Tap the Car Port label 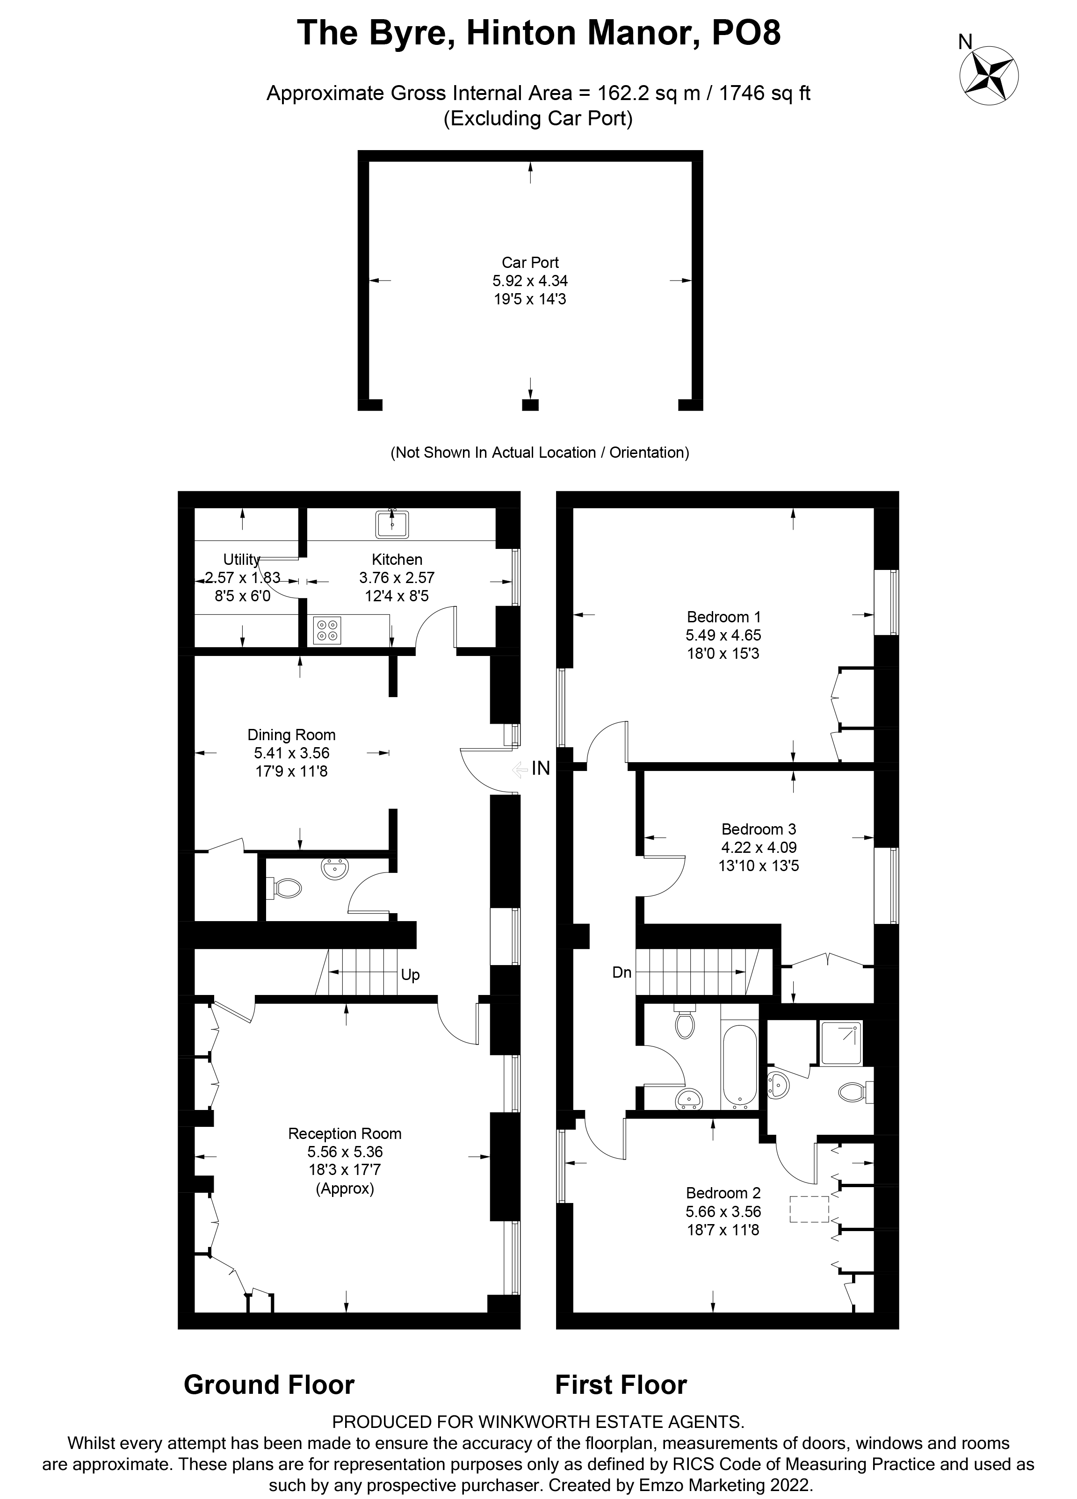click(x=530, y=262)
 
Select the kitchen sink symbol click(x=393, y=524)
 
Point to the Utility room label click(x=241, y=560)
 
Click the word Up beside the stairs click(x=410, y=975)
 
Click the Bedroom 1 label click(x=723, y=617)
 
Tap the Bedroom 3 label click(x=759, y=829)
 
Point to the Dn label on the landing click(x=622, y=972)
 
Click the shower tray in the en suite click(x=840, y=1043)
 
